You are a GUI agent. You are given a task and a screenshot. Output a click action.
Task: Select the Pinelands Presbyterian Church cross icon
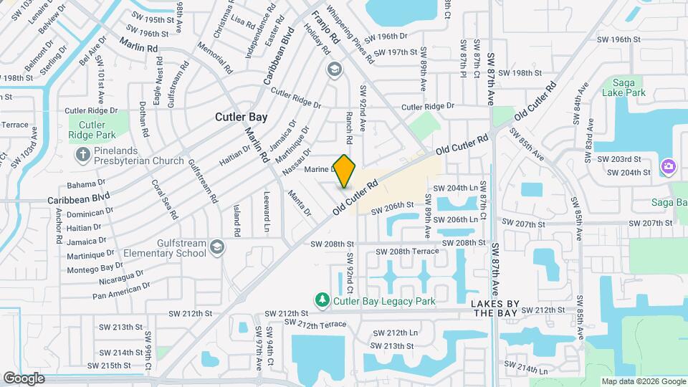click(x=83, y=153)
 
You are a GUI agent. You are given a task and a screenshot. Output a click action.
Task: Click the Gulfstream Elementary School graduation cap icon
click(x=216, y=247)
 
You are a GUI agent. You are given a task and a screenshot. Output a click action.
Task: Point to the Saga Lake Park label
click(x=624, y=87)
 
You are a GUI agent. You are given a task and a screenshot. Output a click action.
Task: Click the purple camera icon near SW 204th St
click(x=668, y=166)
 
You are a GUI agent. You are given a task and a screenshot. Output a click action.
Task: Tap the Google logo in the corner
click(x=24, y=378)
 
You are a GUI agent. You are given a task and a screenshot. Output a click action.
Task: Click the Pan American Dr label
click(x=121, y=290)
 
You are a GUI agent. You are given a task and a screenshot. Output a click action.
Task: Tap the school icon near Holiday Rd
click(x=333, y=70)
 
